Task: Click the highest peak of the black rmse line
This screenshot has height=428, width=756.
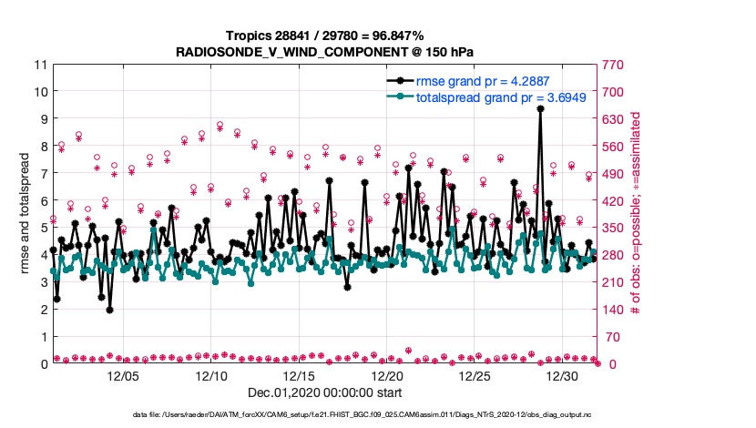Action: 540,108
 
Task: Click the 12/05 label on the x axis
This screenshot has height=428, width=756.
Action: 124,375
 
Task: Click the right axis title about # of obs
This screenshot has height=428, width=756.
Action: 637,214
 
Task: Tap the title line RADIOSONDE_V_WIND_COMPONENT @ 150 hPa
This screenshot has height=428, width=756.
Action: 325,52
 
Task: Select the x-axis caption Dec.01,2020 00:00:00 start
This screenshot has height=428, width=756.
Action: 326,392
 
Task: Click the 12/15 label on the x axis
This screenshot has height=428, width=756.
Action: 300,375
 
